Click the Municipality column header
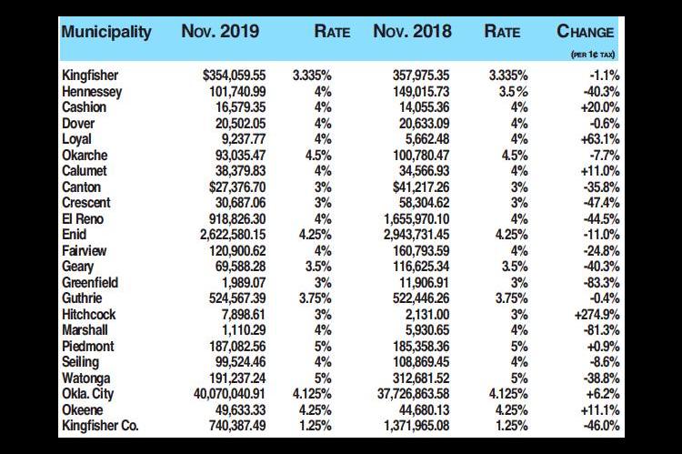[106, 32]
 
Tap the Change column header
[585, 31]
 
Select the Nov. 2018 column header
[412, 31]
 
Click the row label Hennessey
[92, 91]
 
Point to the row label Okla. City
[88, 394]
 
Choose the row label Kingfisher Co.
[100, 425]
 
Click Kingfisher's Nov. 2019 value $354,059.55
[234, 76]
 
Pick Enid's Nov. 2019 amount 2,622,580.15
[233, 235]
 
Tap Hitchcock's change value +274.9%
[597, 314]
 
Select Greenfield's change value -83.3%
[601, 282]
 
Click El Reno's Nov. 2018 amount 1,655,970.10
[416, 219]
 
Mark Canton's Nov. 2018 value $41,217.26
[421, 187]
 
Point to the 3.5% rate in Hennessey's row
[515, 91]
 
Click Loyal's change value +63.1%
[600, 139]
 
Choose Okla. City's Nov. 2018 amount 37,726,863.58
[413, 394]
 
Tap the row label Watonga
[86, 378]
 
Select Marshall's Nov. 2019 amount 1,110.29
[244, 330]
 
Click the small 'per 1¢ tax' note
[593, 55]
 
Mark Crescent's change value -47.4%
[601, 203]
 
